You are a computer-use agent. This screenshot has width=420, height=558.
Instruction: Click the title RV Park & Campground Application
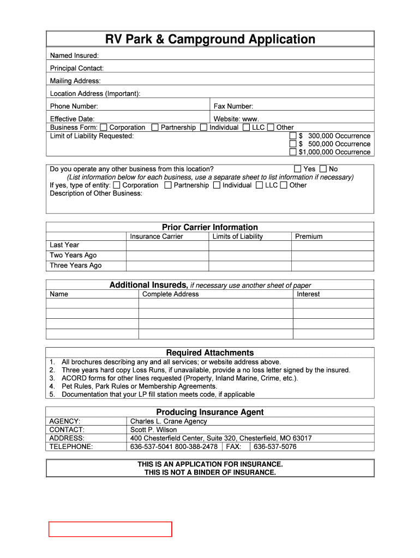(x=210, y=39)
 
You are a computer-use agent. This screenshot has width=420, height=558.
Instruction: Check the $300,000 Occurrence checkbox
(x=293, y=136)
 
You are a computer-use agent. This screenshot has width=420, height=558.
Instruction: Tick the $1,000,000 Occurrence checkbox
(x=293, y=152)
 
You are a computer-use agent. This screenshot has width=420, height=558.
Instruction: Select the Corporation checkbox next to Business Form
(x=104, y=128)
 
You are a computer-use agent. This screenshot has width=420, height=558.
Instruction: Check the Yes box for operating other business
(x=298, y=169)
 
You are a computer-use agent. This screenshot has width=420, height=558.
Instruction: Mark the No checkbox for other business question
(x=323, y=169)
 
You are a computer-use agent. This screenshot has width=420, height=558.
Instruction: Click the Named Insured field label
(x=74, y=56)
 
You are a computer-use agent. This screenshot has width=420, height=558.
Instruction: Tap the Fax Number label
(x=233, y=106)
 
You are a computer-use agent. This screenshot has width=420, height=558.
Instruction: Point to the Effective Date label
(x=72, y=119)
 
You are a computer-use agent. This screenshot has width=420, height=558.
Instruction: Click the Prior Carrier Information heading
(x=210, y=227)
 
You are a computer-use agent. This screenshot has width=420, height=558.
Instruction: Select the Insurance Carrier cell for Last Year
(x=167, y=245)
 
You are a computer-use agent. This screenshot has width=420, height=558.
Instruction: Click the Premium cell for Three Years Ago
(x=333, y=265)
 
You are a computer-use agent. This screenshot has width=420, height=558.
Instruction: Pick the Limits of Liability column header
(x=237, y=236)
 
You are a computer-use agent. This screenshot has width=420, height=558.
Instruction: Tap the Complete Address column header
(x=170, y=294)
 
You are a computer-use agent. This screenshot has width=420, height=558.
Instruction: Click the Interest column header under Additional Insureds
(x=308, y=294)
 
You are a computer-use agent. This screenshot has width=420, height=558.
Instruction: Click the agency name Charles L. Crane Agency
(x=169, y=421)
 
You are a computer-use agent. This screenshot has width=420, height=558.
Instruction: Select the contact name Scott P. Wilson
(x=153, y=429)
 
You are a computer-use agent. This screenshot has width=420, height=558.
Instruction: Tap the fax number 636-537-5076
(x=275, y=446)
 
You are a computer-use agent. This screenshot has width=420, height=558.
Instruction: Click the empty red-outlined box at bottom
(x=110, y=529)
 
